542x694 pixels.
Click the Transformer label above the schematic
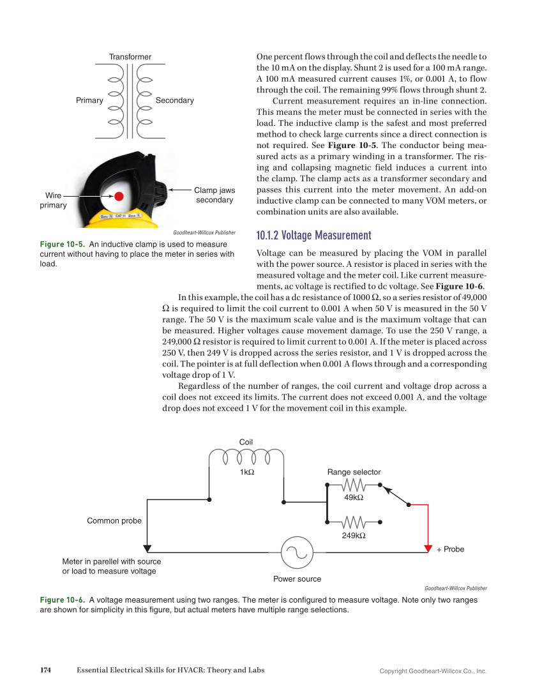[130, 57]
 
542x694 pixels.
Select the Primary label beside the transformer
[89, 100]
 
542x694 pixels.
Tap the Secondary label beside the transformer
[174, 100]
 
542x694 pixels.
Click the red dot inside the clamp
[119, 196]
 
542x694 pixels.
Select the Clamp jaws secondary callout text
[215, 195]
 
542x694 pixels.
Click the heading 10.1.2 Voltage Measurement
[313, 236]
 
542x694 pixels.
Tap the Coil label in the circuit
[246, 442]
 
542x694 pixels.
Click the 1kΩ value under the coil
[247, 472]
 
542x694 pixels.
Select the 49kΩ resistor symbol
[353, 485]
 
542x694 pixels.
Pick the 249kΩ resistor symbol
[353, 522]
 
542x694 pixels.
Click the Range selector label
[354, 472]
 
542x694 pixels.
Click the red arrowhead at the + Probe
[428, 548]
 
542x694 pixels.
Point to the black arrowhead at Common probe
[147, 548]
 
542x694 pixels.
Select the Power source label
[297, 578]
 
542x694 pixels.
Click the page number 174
[45, 670]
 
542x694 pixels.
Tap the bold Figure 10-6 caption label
[62, 600]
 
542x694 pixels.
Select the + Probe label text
[450, 549]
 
